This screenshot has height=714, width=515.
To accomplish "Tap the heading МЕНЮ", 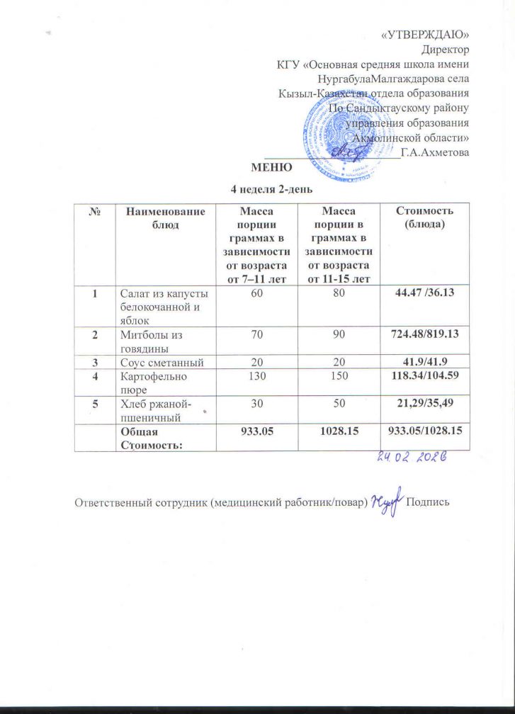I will [x=271, y=167].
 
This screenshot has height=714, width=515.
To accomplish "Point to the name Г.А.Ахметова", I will [x=434, y=151].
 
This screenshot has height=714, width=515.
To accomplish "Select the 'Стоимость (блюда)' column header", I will [x=424, y=217].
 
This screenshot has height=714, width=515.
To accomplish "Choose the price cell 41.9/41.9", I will [x=424, y=362].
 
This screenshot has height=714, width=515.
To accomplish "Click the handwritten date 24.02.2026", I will [x=410, y=458].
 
